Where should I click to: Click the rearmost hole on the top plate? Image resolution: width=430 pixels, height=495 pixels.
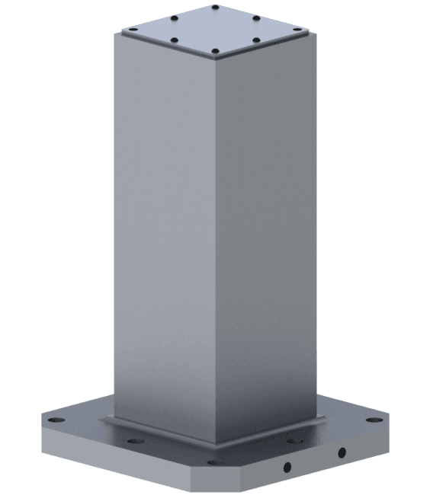coord(215,7)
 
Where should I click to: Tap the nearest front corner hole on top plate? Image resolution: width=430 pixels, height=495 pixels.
coord(215,50)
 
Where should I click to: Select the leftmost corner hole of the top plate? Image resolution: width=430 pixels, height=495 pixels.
coord(133,29)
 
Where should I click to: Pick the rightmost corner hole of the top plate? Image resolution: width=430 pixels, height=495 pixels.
coord(297,29)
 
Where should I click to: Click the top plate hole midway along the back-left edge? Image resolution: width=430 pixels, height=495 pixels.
coord(174,18)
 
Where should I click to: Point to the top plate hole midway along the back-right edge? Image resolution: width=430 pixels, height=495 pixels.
coord(256,18)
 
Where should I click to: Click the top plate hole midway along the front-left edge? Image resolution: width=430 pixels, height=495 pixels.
coord(175,40)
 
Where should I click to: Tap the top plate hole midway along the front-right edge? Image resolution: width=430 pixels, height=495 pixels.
coord(256,40)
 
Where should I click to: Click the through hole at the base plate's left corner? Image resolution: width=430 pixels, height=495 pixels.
coord(56,420)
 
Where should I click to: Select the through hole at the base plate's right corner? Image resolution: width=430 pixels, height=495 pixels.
coord(374,420)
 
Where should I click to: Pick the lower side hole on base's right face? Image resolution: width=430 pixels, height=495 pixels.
coord(287,467)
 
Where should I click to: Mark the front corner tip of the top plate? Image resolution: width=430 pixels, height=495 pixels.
coord(215,57)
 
